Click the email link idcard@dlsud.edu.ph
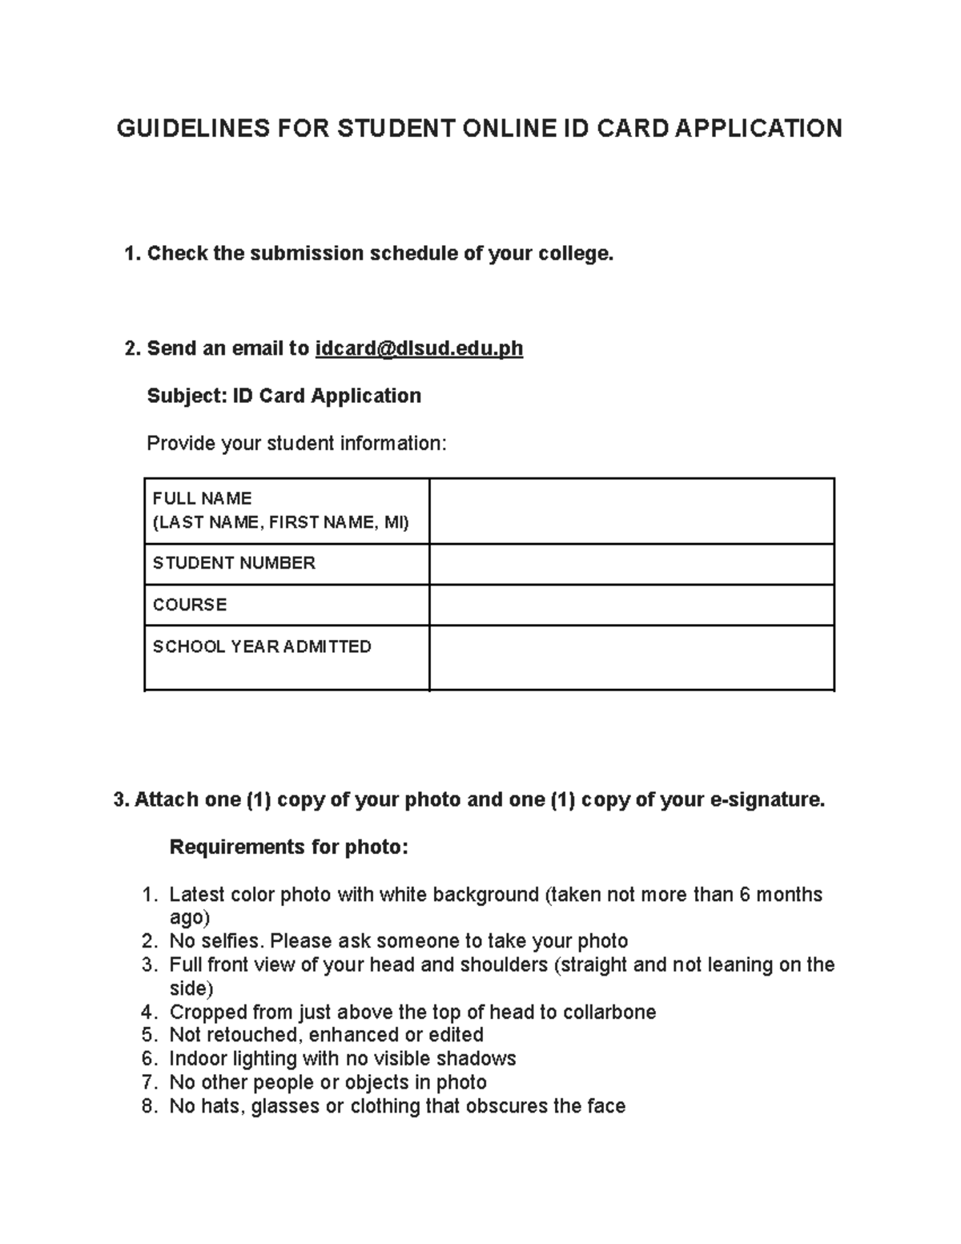tap(419, 348)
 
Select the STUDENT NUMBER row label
tap(234, 563)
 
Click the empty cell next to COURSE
tap(631, 605)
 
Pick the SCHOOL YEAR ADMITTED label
tap(262, 646)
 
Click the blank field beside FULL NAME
tap(631, 511)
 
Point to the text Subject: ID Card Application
tap(283, 396)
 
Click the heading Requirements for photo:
tap(288, 847)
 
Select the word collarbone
tap(609, 1012)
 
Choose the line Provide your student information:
tap(296, 443)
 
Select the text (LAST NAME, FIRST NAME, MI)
tap(280, 523)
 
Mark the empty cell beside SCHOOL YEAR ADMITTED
tap(631, 657)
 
